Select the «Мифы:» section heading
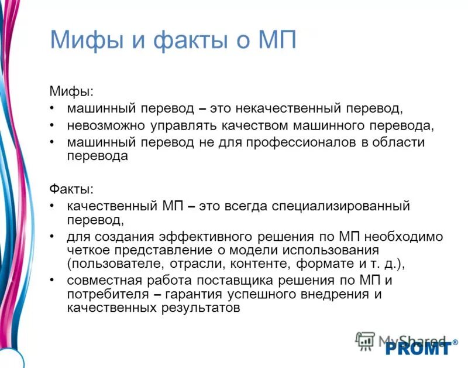(x=71, y=92)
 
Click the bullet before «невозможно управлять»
(x=53, y=125)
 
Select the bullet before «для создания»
(x=53, y=237)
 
